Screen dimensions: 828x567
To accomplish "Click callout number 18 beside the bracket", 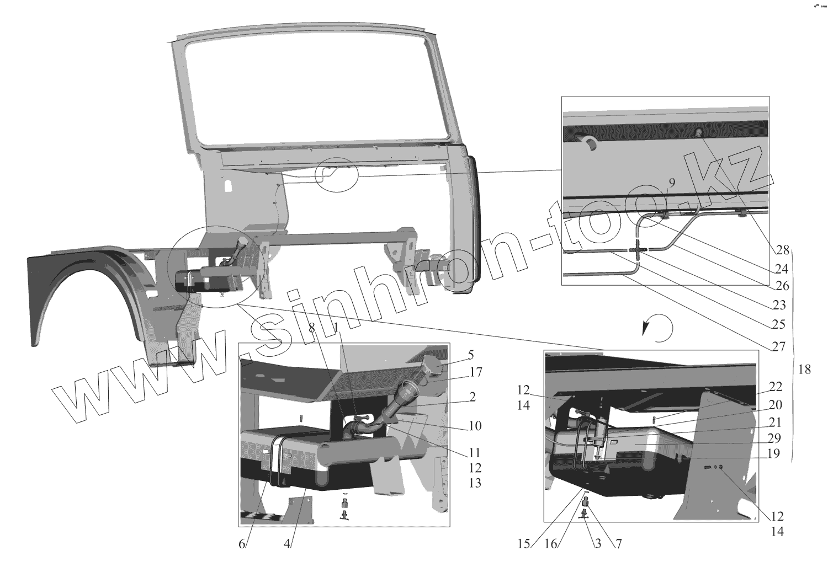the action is click(805, 370).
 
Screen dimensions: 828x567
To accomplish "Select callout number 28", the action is click(782, 250).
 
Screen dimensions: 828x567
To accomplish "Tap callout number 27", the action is click(779, 347).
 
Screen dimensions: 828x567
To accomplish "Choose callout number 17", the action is click(475, 373).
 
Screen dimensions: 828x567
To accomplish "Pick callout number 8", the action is click(312, 328).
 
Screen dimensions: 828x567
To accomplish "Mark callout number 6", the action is click(242, 543).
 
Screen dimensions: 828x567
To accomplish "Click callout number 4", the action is click(287, 543).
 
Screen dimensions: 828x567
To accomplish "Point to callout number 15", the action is click(524, 543).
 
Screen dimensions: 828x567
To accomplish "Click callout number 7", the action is click(618, 543).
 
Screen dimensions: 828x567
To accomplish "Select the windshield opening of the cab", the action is click(309, 88).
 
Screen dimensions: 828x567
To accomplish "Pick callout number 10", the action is click(475, 426).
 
